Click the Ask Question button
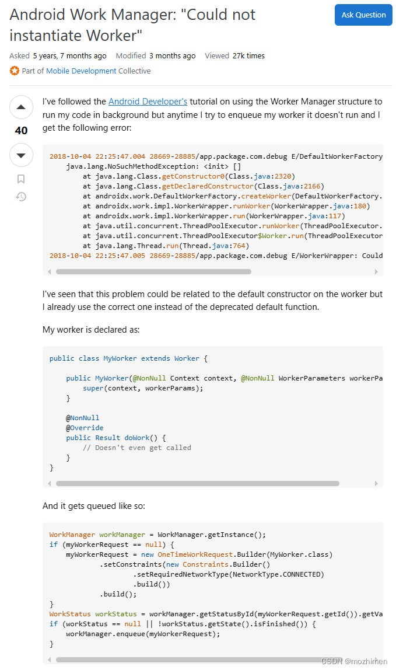[363, 15]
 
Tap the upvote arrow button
[21, 107]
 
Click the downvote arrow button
[21, 155]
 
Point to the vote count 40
[21, 131]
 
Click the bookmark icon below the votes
[21, 179]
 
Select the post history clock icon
[21, 197]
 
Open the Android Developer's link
[148, 102]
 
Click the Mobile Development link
[81, 71]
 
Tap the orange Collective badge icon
[15, 71]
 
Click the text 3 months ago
[172, 56]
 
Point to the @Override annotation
[85, 428]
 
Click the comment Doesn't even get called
[137, 448]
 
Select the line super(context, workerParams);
[143, 388]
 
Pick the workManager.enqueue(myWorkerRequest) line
[143, 634]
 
